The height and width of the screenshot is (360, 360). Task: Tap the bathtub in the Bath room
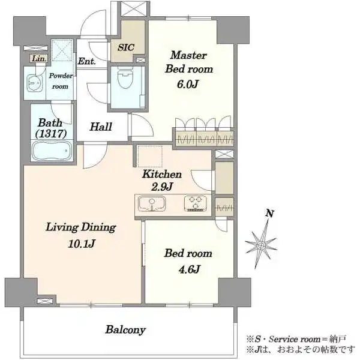click(x=52, y=151)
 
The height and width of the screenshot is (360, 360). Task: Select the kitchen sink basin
click(x=152, y=203)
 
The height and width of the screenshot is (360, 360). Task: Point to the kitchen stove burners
click(x=196, y=203)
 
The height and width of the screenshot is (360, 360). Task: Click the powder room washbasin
click(x=34, y=83)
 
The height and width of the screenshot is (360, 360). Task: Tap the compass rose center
click(x=261, y=245)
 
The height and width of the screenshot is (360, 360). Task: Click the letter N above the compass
click(x=270, y=214)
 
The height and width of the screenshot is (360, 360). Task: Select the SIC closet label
click(x=126, y=47)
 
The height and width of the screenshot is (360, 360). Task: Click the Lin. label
click(x=39, y=59)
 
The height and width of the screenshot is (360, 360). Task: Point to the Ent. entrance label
click(x=87, y=61)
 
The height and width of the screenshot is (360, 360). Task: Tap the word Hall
click(x=101, y=127)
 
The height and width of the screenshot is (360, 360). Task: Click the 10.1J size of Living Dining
click(x=82, y=244)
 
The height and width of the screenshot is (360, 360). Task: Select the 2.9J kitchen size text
click(x=162, y=187)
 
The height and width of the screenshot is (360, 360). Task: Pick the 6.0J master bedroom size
click(x=188, y=84)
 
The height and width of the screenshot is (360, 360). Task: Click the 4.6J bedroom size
click(x=189, y=269)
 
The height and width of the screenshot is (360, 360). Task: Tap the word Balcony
click(x=125, y=330)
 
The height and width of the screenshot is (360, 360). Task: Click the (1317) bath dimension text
click(x=51, y=133)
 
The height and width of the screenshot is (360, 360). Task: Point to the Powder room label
click(x=61, y=81)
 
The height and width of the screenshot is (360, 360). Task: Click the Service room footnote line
click(x=296, y=339)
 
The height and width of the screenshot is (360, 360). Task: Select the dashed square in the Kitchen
click(x=150, y=157)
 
